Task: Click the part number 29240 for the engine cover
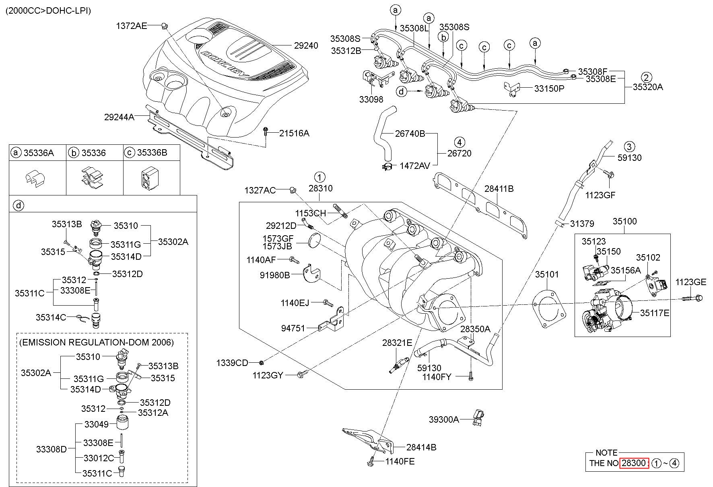click(x=306, y=46)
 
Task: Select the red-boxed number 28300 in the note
click(x=634, y=463)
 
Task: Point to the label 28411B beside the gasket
click(x=499, y=189)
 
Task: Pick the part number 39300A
click(x=444, y=419)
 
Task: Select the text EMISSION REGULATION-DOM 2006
click(x=97, y=342)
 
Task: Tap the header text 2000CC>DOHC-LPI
click(x=48, y=11)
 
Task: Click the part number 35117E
click(x=655, y=312)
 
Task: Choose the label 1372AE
click(x=132, y=26)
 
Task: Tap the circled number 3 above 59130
click(x=629, y=146)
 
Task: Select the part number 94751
click(x=293, y=329)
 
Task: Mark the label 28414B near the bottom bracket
click(x=421, y=447)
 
